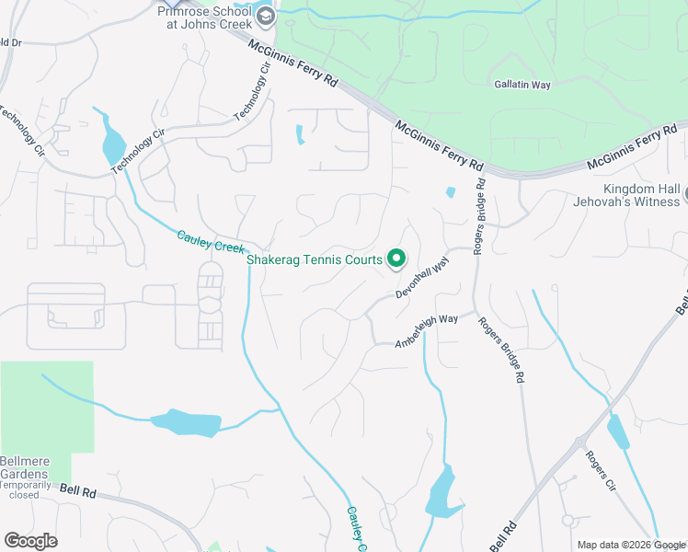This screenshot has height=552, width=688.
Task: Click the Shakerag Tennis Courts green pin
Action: coord(396,259)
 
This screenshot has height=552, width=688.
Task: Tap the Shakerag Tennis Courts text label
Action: coord(315,259)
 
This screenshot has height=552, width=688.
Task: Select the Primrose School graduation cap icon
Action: coord(266,16)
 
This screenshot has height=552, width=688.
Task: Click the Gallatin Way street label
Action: coord(522,85)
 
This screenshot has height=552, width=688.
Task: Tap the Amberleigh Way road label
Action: coord(427,330)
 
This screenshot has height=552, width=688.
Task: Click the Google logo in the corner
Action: coord(30,541)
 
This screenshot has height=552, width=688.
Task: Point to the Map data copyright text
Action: coord(631,545)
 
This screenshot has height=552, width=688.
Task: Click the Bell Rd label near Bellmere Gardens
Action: coord(78,491)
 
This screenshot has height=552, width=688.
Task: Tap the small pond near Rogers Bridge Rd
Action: coord(450,193)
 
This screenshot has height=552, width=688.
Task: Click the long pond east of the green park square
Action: coord(187,423)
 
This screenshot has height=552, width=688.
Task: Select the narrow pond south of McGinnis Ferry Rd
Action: coord(300,134)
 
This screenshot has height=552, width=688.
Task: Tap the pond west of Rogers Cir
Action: coord(617,431)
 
